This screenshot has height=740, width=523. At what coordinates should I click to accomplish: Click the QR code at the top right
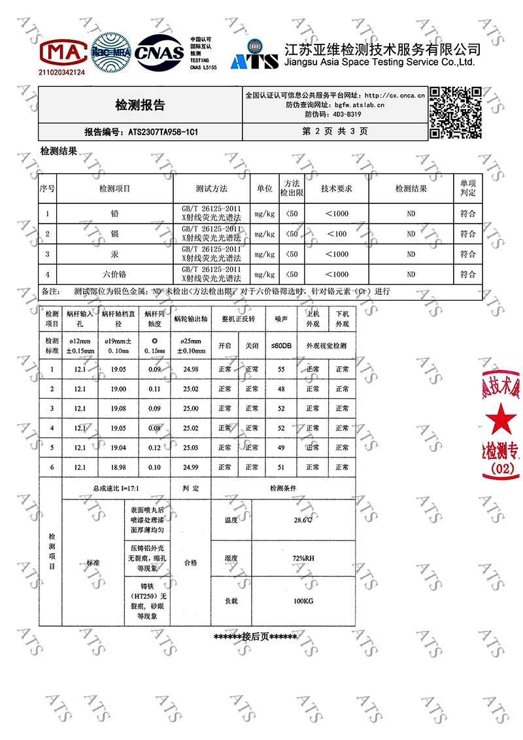456,112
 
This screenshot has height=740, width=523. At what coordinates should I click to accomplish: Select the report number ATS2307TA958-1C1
141,131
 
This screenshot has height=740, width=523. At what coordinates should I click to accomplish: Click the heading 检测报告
140,105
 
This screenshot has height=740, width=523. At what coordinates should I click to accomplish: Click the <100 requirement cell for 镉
336,234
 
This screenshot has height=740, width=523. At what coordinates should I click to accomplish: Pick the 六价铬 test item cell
114,274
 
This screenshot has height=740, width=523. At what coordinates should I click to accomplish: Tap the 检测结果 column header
411,188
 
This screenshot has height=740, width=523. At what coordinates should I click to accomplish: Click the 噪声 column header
282,319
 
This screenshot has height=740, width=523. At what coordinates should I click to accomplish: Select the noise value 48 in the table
282,389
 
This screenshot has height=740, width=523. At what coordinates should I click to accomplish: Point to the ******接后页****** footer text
256,637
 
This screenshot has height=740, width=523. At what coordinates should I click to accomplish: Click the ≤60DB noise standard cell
282,345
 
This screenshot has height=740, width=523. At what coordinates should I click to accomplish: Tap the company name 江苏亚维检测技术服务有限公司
383,49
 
